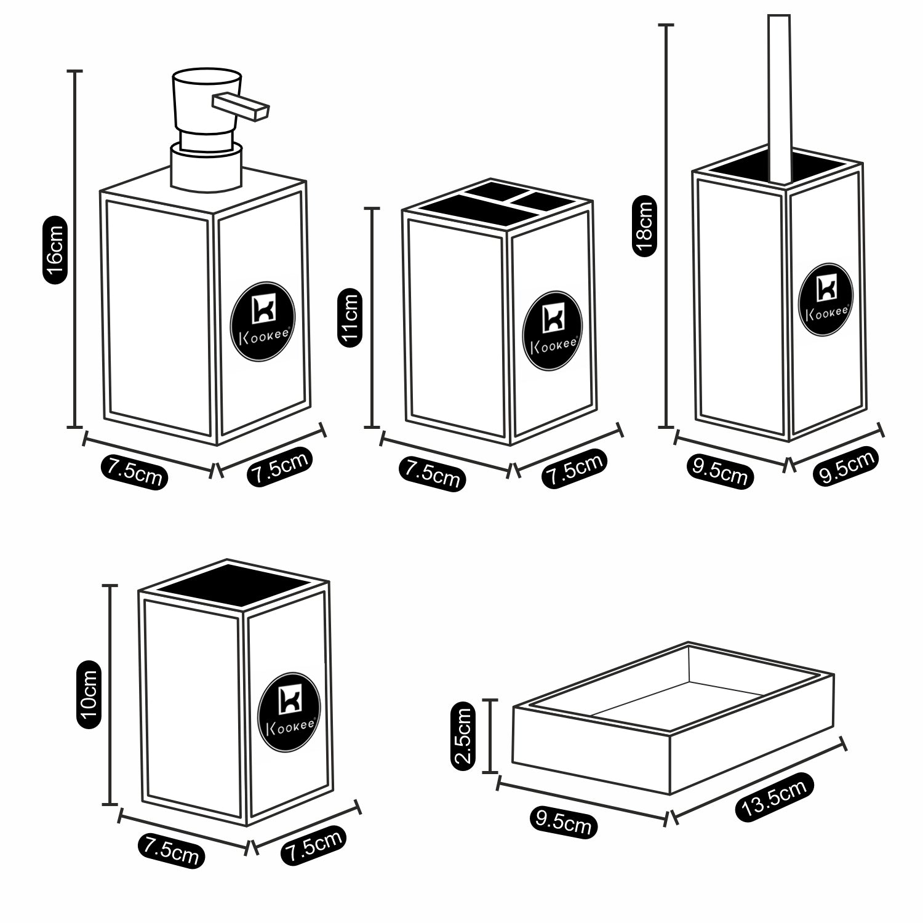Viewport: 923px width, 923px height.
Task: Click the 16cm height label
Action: (x=54, y=250)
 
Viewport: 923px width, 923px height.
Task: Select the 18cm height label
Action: (x=644, y=226)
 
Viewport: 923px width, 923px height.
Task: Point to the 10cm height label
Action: (x=88, y=694)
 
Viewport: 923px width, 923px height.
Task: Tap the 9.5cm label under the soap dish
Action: (x=563, y=821)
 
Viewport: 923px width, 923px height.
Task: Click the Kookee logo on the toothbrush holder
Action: (x=551, y=331)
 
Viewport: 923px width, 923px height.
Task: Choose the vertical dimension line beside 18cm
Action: (x=666, y=226)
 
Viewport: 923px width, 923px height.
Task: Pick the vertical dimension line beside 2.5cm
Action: (x=490, y=736)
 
